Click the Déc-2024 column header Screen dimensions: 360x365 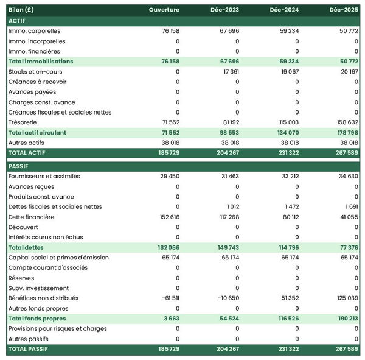point(286,10)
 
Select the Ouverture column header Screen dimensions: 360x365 point(164,10)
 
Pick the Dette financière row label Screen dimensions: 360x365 point(32,217)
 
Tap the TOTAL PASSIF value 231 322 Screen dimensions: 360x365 point(287,349)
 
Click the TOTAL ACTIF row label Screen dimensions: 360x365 point(27,152)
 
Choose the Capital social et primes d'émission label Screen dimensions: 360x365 point(58,258)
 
